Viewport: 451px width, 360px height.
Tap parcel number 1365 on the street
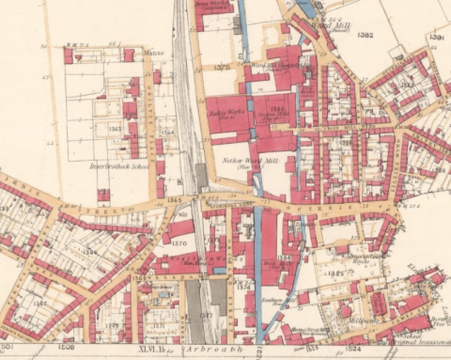(x=174, y=200)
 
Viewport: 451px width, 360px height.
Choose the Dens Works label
(x=211, y=4)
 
